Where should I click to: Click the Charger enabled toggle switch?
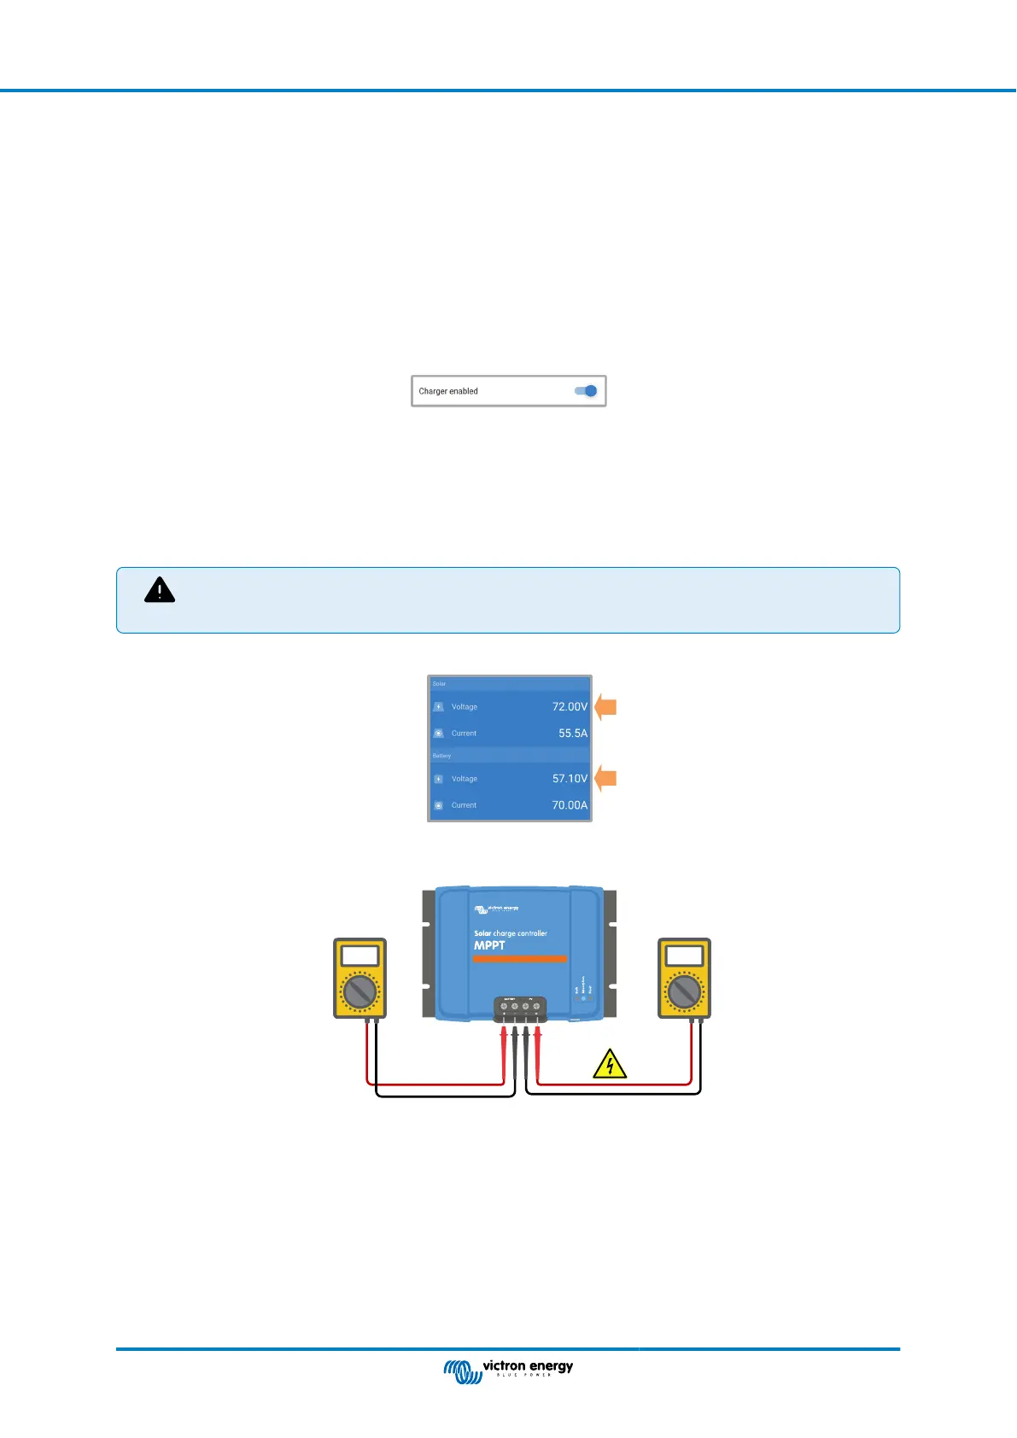[x=587, y=391]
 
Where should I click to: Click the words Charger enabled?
[x=448, y=391]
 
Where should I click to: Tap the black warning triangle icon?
[x=160, y=590]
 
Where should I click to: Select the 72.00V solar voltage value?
[x=570, y=707]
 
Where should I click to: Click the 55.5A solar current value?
[x=573, y=734]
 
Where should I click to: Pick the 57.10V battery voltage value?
[x=570, y=779]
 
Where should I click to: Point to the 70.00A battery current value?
[x=570, y=805]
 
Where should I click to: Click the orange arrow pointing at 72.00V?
[x=605, y=707]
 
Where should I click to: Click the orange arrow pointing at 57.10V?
[x=605, y=779]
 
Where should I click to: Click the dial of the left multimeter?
[x=359, y=991]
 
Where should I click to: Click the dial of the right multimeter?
[x=684, y=991]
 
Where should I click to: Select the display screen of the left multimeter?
[x=359, y=956]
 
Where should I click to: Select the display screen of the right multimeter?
[x=684, y=956]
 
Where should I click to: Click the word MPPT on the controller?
[x=489, y=945]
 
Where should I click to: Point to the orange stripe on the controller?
[x=520, y=959]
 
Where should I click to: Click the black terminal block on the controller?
[x=520, y=1008]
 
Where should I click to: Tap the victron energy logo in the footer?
[x=509, y=1370]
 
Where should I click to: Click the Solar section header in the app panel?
[x=439, y=684]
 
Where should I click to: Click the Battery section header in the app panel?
[x=441, y=756]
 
